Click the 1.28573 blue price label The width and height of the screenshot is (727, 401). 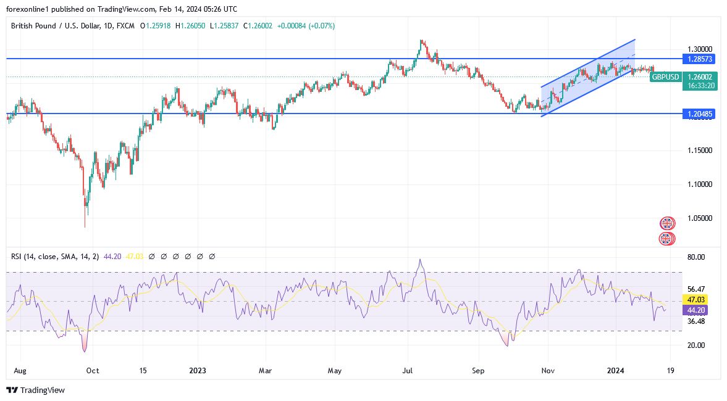coord(698,59)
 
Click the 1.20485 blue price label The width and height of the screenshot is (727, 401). coord(698,114)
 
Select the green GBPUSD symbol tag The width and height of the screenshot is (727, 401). coord(666,77)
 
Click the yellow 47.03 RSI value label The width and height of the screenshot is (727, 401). coord(696,299)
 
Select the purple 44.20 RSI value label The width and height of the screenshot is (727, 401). coord(696,310)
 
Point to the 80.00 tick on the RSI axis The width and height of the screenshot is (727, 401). coord(696,257)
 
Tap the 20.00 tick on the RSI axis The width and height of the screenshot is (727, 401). coord(696,345)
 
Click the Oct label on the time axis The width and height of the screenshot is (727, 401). coord(93,371)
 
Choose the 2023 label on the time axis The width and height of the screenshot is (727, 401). coord(198,371)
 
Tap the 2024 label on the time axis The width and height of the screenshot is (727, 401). coord(616,371)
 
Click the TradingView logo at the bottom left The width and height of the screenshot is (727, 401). coord(35,390)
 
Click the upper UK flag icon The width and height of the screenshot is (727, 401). coord(667,223)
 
